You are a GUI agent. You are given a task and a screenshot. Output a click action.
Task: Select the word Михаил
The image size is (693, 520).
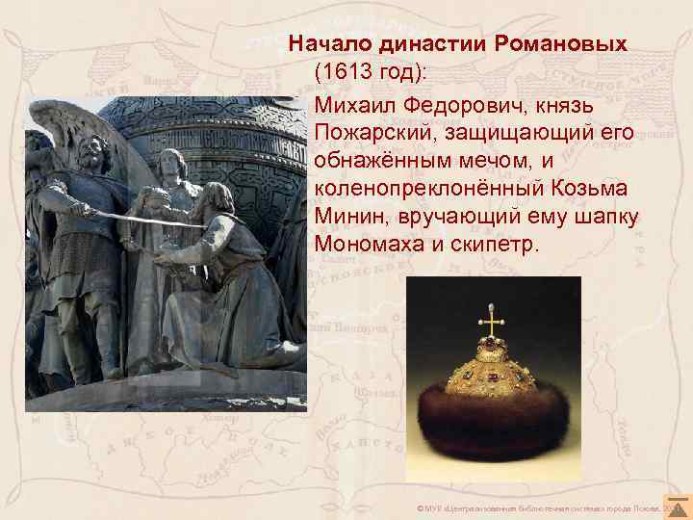click(x=349, y=103)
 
